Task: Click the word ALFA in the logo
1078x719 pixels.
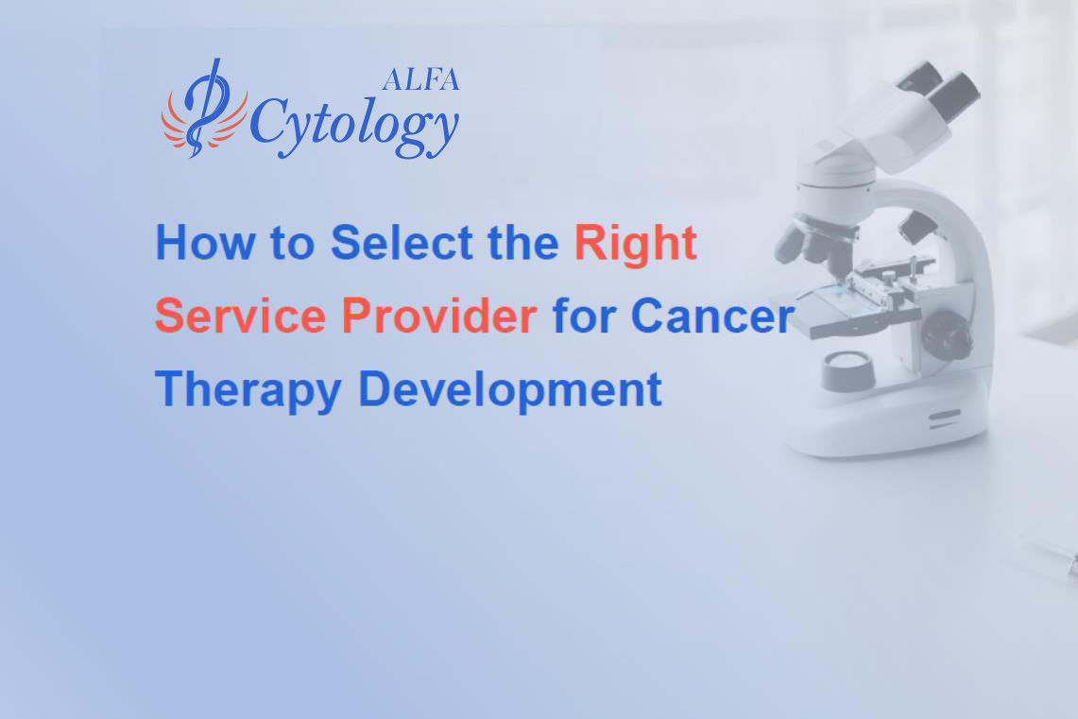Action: pyautogui.click(x=420, y=80)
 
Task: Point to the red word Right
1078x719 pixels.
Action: pyautogui.click(x=636, y=244)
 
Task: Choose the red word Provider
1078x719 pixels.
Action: pyautogui.click(x=439, y=316)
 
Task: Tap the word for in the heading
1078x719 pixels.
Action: pyautogui.click(x=584, y=316)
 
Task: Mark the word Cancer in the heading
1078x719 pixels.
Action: pyautogui.click(x=711, y=316)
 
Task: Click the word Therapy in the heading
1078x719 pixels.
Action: pyautogui.click(x=248, y=389)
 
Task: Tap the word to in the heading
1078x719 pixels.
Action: pyautogui.click(x=291, y=244)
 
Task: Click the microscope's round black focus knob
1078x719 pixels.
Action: pyautogui.click(x=946, y=334)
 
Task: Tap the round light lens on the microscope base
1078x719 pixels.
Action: pyautogui.click(x=847, y=364)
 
